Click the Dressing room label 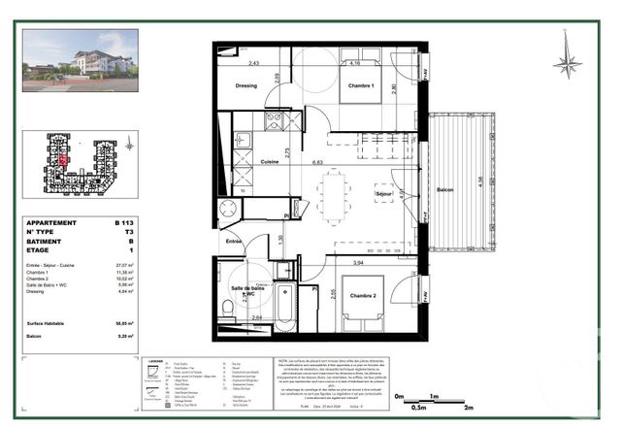pos(245,85)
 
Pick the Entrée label pos(234,240)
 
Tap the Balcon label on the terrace pos(444,189)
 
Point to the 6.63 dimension pos(317,161)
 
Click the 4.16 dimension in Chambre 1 pos(355,63)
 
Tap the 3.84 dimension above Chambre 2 pos(357,262)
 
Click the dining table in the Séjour pos(334,197)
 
